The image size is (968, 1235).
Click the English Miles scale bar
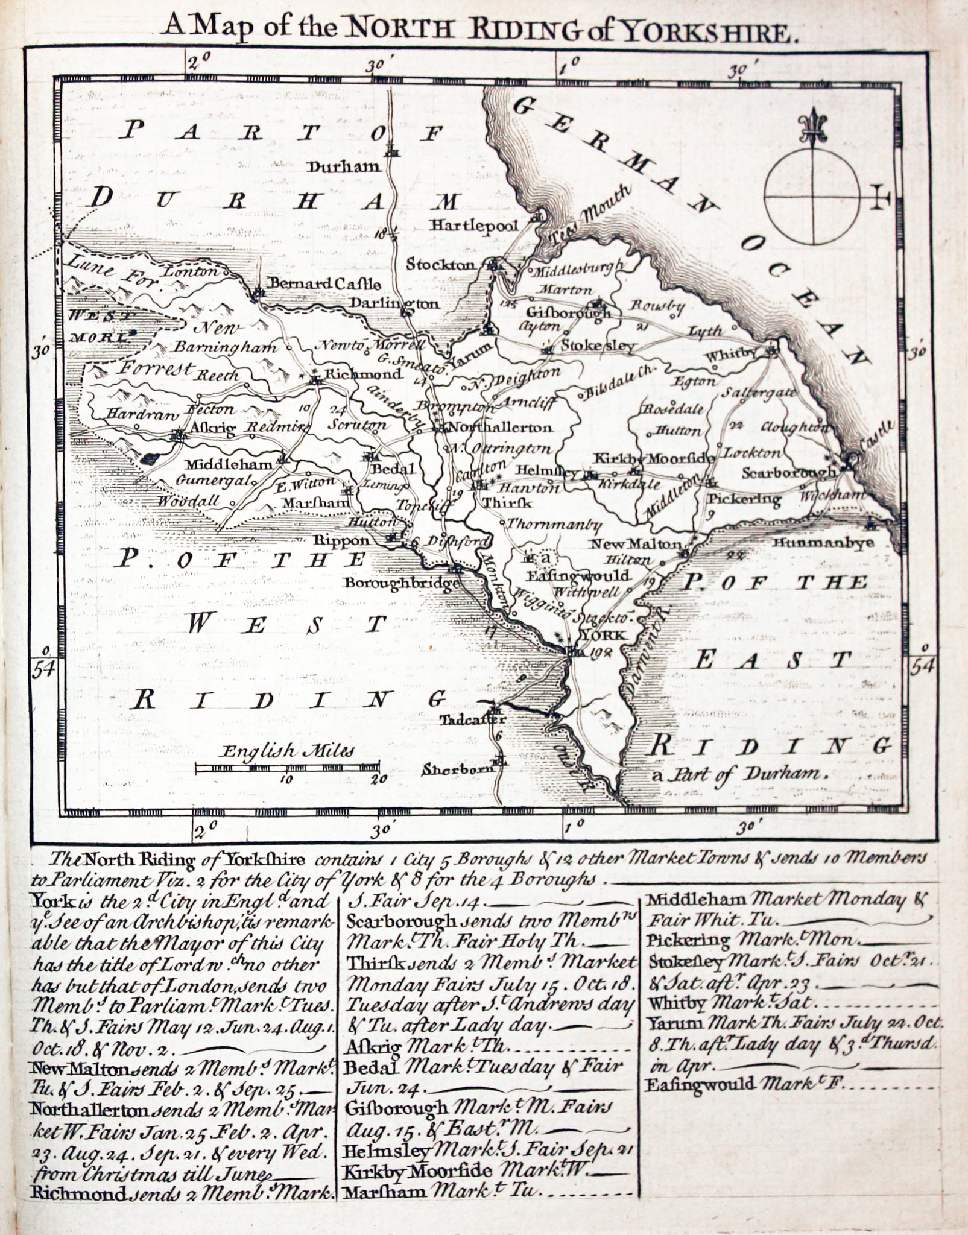tap(287, 767)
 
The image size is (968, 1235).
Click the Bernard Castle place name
tap(324, 283)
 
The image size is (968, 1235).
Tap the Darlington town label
tap(396, 303)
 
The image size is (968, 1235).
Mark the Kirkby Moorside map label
tap(654, 458)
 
